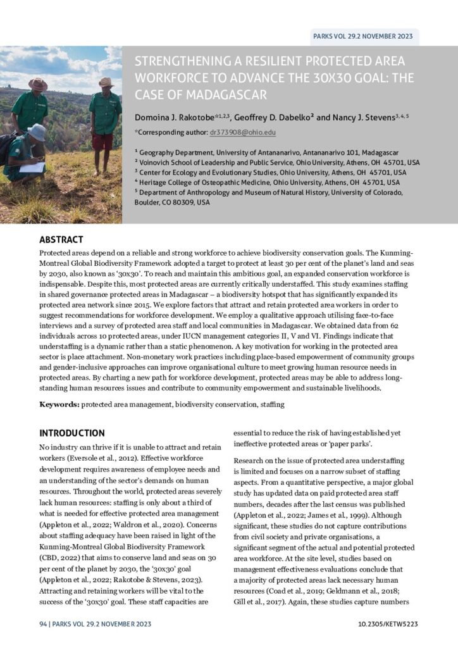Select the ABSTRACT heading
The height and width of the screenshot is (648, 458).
coord(61,240)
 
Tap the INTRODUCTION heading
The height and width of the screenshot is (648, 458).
coord(72,433)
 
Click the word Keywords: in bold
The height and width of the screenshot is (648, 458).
coord(59,404)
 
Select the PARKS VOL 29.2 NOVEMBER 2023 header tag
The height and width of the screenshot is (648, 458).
coord(363,36)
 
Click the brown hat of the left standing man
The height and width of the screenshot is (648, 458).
coord(37,84)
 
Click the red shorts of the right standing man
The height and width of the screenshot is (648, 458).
coord(102,140)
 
